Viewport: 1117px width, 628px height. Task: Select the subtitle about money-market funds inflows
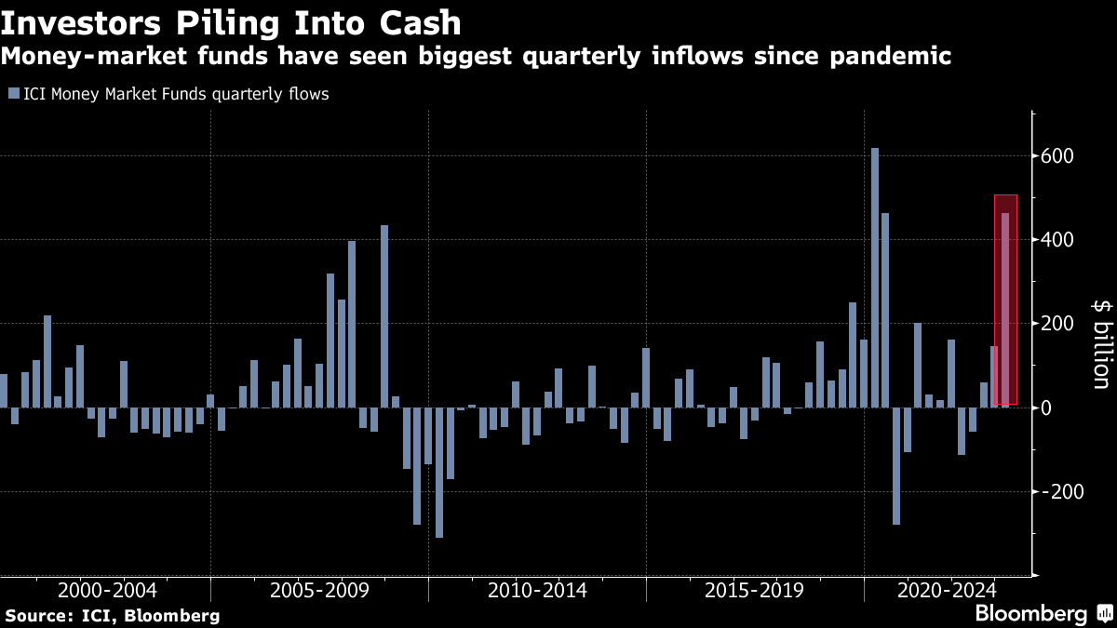point(476,58)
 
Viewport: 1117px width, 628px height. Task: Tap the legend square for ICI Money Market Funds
point(12,94)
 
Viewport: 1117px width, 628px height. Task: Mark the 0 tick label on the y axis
point(1048,408)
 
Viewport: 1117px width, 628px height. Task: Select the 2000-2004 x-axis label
point(106,590)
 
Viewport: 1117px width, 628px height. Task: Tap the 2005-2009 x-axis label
point(319,590)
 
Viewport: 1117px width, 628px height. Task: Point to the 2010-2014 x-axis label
point(537,590)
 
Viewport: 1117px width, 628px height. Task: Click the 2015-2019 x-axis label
point(755,590)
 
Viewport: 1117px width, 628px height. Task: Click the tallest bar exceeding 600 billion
point(875,279)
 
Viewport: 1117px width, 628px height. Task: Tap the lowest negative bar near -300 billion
point(439,473)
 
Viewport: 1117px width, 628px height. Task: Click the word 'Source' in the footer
point(36,616)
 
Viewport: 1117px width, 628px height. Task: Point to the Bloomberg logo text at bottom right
point(1030,614)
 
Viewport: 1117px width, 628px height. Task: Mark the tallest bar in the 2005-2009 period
point(384,316)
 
